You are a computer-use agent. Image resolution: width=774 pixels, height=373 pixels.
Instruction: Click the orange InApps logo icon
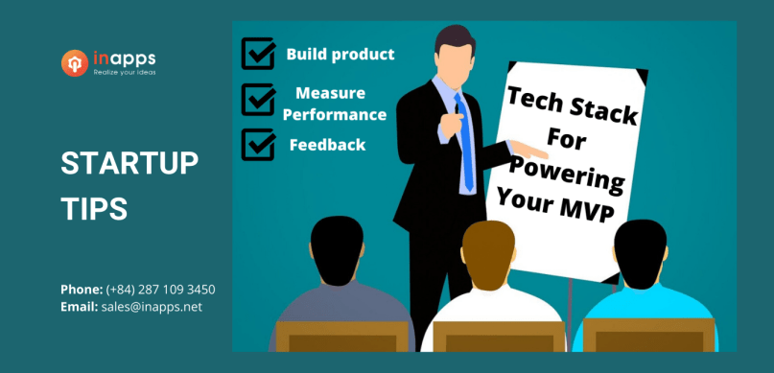(75, 63)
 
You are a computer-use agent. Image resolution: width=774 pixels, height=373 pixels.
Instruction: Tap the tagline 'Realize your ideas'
(125, 72)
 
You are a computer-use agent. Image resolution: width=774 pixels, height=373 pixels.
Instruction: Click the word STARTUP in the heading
(129, 164)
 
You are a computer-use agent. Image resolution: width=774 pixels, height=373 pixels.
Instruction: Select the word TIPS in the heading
(94, 210)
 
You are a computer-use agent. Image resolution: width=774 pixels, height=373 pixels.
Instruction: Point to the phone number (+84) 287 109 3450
(160, 289)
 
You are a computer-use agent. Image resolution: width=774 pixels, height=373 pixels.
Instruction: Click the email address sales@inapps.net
(152, 307)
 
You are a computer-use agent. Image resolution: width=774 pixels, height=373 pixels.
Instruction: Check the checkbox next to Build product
(258, 54)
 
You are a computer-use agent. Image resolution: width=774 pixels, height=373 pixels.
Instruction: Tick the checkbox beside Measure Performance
(258, 99)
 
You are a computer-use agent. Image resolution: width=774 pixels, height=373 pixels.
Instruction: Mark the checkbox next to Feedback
(258, 144)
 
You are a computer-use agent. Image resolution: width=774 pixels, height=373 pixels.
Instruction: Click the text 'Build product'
(340, 54)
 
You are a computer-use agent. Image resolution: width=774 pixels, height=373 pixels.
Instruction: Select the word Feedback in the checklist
(327, 145)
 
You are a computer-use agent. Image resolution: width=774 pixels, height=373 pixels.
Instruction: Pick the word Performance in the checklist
(340, 115)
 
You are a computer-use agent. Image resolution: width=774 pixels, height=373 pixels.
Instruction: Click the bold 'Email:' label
(79, 307)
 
